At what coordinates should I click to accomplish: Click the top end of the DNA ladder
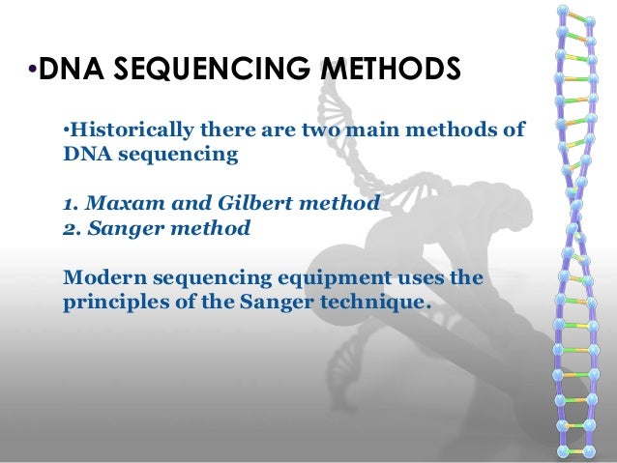[x=565, y=12]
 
